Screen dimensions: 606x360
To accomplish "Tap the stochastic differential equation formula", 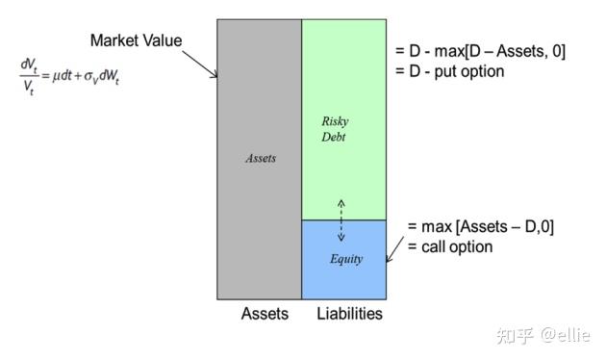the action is point(70,72).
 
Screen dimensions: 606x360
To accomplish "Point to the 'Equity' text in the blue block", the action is point(346,259).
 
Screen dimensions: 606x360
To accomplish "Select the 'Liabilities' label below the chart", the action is point(350,314).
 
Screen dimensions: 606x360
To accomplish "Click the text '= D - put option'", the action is point(451,72).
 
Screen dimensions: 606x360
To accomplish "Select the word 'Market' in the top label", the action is point(114,41).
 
